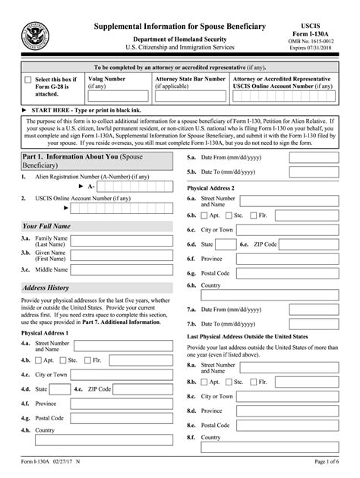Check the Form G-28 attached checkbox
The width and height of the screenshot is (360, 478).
tap(28, 80)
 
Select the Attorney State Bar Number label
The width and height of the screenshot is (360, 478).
tap(190, 77)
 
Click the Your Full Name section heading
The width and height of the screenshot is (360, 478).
tap(47, 225)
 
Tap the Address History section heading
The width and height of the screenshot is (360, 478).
tap(46, 288)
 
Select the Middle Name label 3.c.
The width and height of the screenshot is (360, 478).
tap(52, 269)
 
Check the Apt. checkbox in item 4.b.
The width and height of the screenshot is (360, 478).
tap(39, 360)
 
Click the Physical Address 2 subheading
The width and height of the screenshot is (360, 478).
tap(210, 187)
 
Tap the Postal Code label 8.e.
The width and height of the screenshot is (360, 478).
tap(216, 425)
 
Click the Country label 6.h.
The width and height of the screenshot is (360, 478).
tap(211, 285)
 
